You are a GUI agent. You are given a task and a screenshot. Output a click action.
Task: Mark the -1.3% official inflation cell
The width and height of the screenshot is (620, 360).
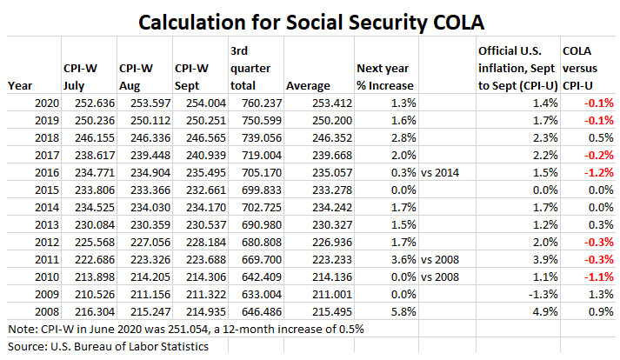point(534,304)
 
